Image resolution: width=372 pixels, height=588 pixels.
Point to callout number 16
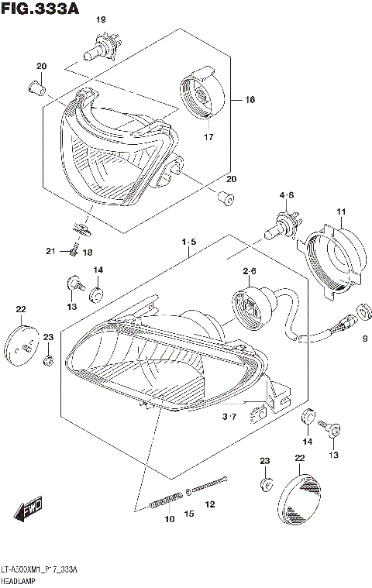(250, 100)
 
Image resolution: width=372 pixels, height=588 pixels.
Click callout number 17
(208, 138)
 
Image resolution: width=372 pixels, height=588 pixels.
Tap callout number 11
(339, 212)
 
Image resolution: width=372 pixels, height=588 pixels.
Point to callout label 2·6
(249, 271)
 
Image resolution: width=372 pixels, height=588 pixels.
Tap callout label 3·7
(229, 418)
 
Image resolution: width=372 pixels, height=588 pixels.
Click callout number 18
(87, 253)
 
